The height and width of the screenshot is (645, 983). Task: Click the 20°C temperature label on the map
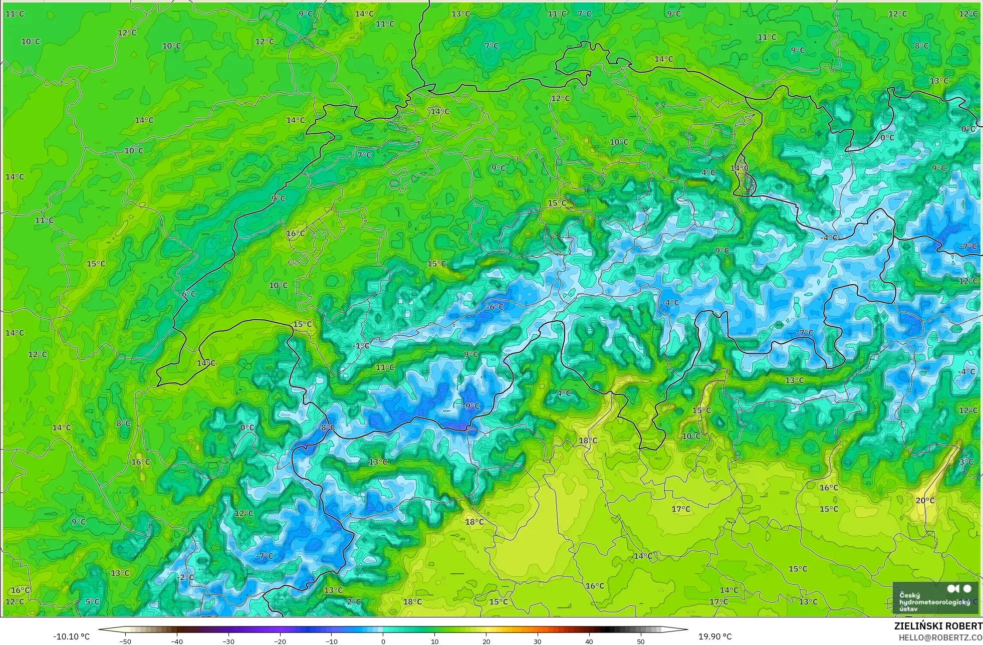point(925,500)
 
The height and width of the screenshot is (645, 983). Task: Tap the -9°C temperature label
point(470,406)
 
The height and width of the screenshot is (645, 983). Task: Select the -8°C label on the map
point(326,427)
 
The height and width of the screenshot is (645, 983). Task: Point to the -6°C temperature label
point(495,307)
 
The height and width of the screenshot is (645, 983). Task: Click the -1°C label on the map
point(361,346)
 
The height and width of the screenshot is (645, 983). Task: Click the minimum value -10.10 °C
point(71,636)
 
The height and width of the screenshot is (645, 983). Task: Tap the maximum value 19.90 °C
point(715,636)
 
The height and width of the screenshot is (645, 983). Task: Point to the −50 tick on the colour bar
point(125,641)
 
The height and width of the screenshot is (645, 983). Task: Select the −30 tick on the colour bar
point(228,641)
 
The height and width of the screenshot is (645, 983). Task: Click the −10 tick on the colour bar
point(331,641)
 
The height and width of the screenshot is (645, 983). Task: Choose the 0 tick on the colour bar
point(383,641)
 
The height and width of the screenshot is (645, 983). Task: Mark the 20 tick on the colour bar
point(486,641)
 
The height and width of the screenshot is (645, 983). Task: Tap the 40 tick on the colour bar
point(589,641)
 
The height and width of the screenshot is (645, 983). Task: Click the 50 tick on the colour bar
point(640,641)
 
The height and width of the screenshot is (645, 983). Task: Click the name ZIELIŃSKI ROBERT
point(938,626)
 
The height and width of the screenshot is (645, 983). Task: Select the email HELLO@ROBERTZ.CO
point(940,637)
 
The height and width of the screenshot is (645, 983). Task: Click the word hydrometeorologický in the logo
point(934,602)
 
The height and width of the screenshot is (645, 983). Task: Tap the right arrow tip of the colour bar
point(687,629)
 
